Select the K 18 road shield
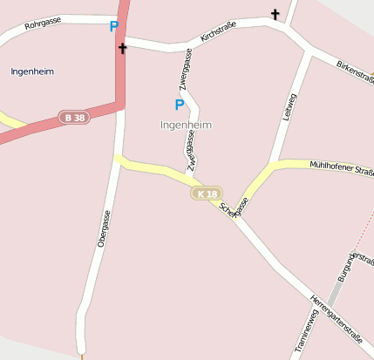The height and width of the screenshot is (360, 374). point(207,194)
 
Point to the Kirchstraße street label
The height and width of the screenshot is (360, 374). point(218,34)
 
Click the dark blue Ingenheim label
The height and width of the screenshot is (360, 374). point(32,71)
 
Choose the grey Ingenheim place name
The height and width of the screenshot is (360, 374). point(187,126)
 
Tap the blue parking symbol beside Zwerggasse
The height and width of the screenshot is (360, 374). point(180,105)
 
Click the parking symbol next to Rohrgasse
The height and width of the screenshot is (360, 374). point(114,27)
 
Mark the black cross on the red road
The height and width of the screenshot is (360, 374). point(122,48)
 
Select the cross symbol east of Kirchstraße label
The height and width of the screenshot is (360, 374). point(275,14)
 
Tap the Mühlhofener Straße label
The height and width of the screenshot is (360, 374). point(342,167)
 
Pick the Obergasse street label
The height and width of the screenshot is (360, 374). point(103,229)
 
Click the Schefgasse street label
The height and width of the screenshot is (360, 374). point(235,207)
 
